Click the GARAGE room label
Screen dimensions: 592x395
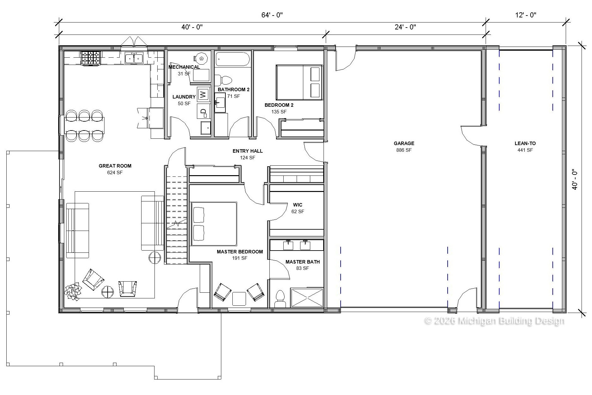(404, 143)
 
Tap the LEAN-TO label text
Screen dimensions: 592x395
(525, 143)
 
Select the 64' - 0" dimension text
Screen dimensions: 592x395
(272, 15)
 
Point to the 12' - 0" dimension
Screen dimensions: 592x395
(526, 15)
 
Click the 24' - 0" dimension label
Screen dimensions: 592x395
(405, 27)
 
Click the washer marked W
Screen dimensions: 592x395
(203, 94)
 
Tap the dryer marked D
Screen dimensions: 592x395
(203, 111)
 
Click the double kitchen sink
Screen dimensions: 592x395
(134, 58)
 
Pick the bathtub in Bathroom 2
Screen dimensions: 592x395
(233, 59)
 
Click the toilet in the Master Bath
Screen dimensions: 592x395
(280, 299)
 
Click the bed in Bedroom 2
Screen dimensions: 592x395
(299, 83)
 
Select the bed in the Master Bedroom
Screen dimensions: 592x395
(214, 224)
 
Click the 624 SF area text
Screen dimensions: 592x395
(115, 173)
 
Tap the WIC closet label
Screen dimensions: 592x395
(298, 205)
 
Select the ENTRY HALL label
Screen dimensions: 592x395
(248, 151)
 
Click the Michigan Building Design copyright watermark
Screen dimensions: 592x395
(494, 321)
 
